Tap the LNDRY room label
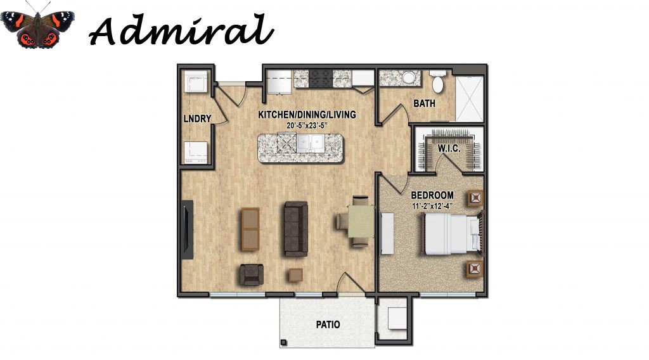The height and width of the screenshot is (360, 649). click(197, 119)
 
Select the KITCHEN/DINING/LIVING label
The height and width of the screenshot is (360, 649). click(307, 115)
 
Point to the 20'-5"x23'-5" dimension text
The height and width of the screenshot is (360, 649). click(307, 125)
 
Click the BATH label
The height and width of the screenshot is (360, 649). click(424, 103)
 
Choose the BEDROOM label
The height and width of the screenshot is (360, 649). click(432, 195)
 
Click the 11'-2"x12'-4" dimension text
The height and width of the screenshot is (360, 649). click(432, 205)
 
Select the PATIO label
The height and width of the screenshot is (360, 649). click(328, 325)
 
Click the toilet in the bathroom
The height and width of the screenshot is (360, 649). click(437, 82)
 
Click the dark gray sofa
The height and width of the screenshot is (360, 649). click(295, 229)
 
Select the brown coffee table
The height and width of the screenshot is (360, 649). click(250, 228)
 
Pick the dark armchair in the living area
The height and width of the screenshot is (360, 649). click(251, 274)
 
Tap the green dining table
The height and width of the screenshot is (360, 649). click(361, 222)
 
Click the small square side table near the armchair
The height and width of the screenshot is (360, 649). click(295, 275)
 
